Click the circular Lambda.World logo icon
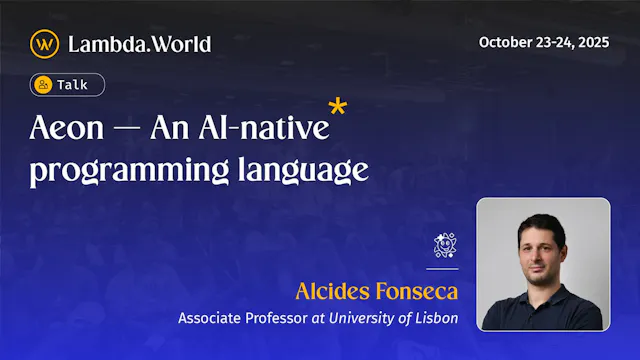(x=44, y=44)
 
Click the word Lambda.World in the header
(x=139, y=44)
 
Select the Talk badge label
(x=72, y=85)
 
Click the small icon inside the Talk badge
(x=43, y=85)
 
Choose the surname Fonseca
(x=418, y=292)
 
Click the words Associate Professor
(x=236, y=318)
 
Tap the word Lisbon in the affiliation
(x=436, y=318)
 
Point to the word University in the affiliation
(x=363, y=318)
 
